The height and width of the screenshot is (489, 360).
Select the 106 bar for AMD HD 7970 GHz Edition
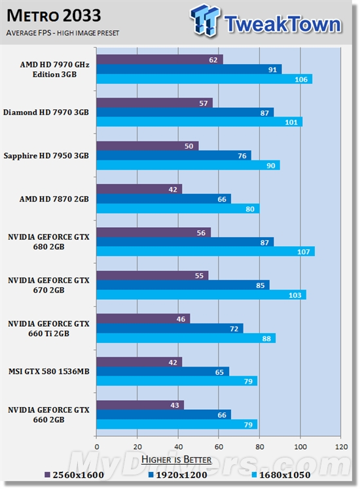(x=204, y=79)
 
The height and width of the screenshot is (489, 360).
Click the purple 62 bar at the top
(x=160, y=60)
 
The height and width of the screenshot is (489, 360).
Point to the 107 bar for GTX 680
(x=206, y=251)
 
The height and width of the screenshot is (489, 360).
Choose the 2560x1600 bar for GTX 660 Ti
(x=143, y=318)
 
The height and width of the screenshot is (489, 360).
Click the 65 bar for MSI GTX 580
(x=162, y=371)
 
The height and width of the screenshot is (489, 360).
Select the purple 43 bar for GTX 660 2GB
(x=140, y=405)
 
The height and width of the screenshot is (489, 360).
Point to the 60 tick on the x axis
(x=219, y=441)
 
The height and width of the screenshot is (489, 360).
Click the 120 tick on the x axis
(x=340, y=441)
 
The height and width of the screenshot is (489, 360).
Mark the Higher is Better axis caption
(x=176, y=460)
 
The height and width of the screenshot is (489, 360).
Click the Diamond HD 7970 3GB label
(x=46, y=113)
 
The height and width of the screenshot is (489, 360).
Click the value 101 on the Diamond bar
(x=292, y=122)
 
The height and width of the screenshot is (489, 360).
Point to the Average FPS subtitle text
(x=54, y=32)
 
